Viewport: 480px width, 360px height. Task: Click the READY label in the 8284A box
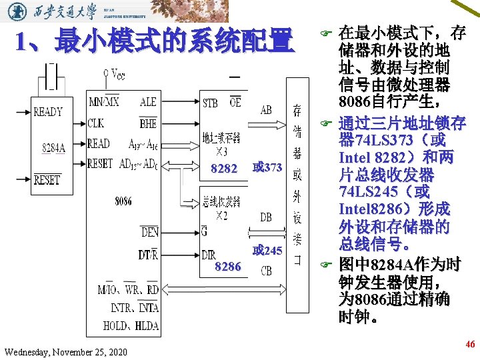pyautogui.click(x=48, y=112)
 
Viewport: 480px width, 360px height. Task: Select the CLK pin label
pyautogui.click(x=95, y=123)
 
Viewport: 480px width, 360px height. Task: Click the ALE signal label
pyautogui.click(x=148, y=102)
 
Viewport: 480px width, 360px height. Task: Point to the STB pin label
pyautogui.click(x=210, y=103)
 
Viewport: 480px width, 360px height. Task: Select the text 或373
pyautogui.click(x=267, y=167)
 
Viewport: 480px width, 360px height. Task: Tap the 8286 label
pyautogui.click(x=228, y=267)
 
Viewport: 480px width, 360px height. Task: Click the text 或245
pyautogui.click(x=267, y=251)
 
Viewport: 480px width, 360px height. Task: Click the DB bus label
pyautogui.click(x=265, y=217)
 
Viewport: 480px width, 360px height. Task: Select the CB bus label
pyautogui.click(x=265, y=271)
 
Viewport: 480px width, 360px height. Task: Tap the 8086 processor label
pyautogui.click(x=123, y=200)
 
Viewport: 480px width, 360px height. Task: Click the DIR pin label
pyautogui.click(x=209, y=254)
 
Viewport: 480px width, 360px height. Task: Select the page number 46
pyautogui.click(x=470, y=345)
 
